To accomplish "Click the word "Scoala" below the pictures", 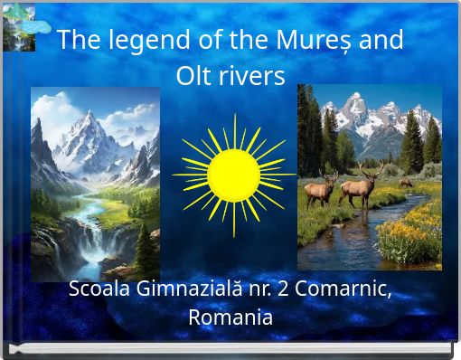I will (99, 290).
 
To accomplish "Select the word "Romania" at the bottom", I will (230, 317).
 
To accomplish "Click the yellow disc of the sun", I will (233, 175).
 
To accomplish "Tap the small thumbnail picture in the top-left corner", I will (18, 28).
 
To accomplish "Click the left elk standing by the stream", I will (318, 189).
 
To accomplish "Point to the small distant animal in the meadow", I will (406, 182).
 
